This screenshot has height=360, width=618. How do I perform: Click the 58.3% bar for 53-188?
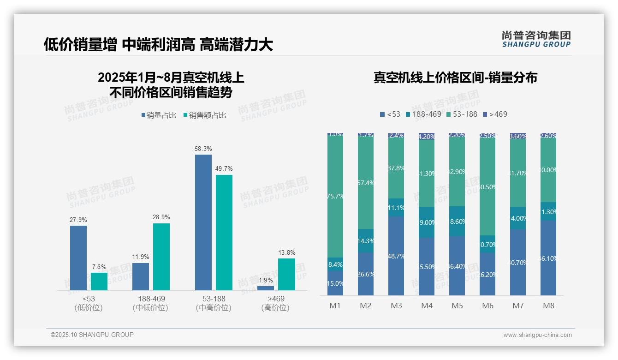click(203, 222)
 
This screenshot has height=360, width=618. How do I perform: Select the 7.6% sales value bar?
click(99, 281)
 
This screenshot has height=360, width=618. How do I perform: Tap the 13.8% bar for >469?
click(286, 274)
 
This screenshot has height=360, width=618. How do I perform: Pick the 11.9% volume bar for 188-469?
click(141, 276)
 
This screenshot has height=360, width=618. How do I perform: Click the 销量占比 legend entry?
click(159, 115)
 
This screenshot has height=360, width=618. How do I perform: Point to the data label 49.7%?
click(224, 168)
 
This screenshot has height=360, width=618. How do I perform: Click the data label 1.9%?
click(266, 280)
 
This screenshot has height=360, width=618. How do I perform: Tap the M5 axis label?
click(457, 306)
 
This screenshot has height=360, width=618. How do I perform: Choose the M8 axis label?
click(548, 306)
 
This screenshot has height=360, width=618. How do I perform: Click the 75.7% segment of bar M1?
click(335, 196)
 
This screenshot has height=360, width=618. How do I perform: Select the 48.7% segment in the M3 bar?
click(396, 256)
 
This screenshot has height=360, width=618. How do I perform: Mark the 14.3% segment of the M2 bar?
click(366, 240)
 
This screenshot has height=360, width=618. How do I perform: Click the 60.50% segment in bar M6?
click(487, 186)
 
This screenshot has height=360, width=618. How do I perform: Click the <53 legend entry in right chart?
click(390, 114)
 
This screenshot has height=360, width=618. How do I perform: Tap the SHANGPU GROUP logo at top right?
click(536, 39)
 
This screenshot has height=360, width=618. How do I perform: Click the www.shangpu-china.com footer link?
click(537, 335)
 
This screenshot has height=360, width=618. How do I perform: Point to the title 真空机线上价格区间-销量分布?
click(455, 78)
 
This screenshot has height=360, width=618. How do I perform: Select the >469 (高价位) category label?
click(275, 303)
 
